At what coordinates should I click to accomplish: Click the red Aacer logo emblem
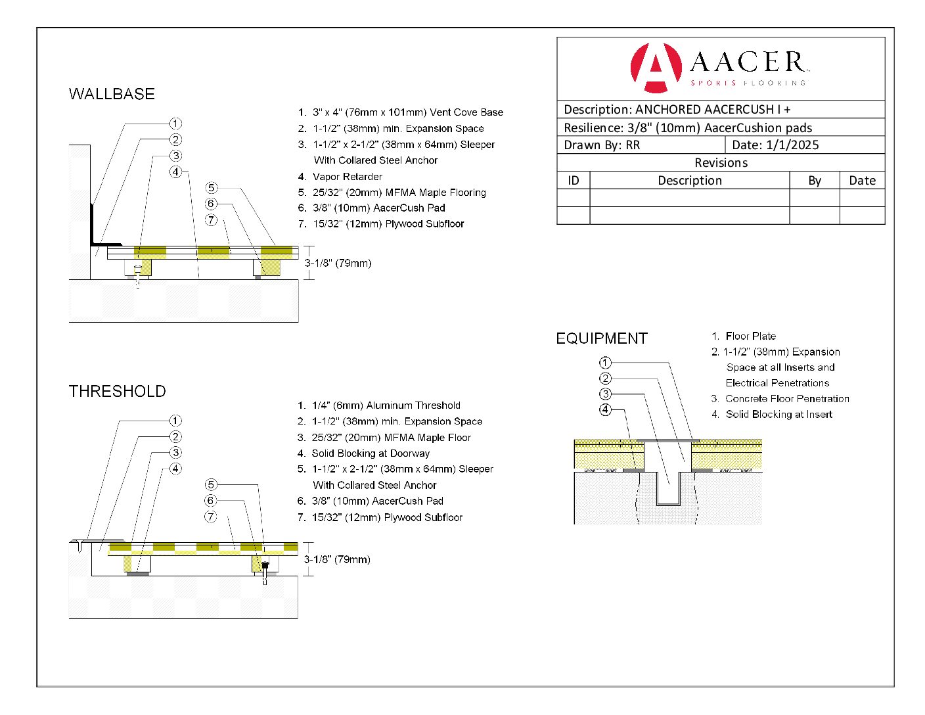[655, 67]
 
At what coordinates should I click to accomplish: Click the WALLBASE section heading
[112, 94]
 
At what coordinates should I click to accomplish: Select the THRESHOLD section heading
[117, 392]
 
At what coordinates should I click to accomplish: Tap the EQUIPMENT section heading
[601, 338]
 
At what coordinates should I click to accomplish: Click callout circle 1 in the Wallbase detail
[175, 124]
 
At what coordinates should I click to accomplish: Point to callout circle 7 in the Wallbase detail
[211, 219]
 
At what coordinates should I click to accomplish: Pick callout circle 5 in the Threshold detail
[210, 484]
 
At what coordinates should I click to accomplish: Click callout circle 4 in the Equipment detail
[605, 409]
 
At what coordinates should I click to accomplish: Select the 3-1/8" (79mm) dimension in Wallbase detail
[338, 263]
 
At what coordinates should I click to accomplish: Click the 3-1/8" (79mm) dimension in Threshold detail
[337, 559]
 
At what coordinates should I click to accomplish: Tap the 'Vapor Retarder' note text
[347, 176]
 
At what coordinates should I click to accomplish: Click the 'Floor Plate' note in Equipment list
[750, 336]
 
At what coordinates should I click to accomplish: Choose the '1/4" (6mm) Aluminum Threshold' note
[386, 405]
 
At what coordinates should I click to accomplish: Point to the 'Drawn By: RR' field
[602, 145]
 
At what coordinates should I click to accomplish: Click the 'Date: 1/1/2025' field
[775, 145]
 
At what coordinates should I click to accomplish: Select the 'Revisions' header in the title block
[721, 162]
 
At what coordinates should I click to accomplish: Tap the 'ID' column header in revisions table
[574, 180]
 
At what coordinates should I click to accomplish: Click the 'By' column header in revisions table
[814, 180]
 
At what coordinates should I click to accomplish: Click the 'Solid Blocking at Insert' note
[778, 414]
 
